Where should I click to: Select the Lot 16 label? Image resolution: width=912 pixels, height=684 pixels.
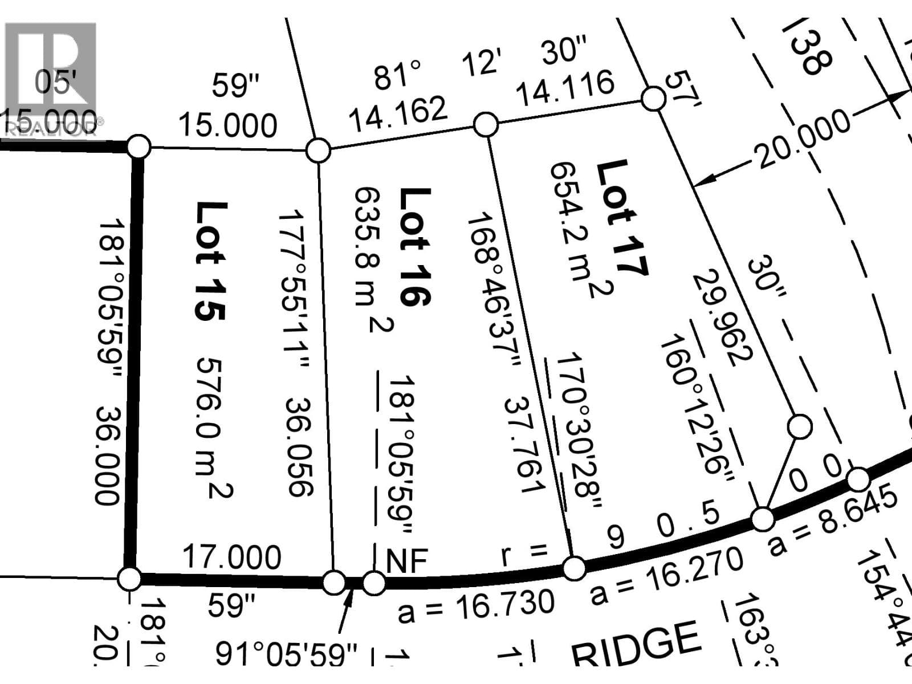414,247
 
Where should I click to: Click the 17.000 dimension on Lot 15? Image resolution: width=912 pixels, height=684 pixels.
231,557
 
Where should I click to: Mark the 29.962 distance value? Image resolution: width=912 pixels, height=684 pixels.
723,317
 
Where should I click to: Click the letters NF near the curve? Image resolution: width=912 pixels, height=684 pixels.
406,561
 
